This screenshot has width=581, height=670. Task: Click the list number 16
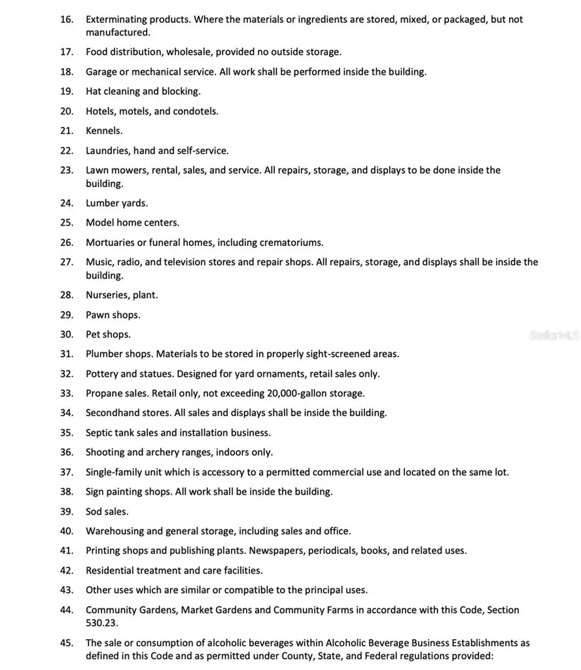pyautogui.click(x=66, y=20)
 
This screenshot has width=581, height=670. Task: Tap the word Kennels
pyautogui.click(x=104, y=131)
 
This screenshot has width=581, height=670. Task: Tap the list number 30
pyautogui.click(x=66, y=334)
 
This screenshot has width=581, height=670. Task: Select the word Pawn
pyautogui.click(x=97, y=315)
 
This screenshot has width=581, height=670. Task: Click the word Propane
pyautogui.click(x=104, y=393)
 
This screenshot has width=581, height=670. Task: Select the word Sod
pyautogui.click(x=94, y=511)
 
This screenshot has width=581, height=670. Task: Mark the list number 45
pyautogui.click(x=66, y=643)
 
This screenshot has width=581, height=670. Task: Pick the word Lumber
pyautogui.click(x=102, y=203)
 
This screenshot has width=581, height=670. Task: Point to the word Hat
pyautogui.click(x=93, y=92)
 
